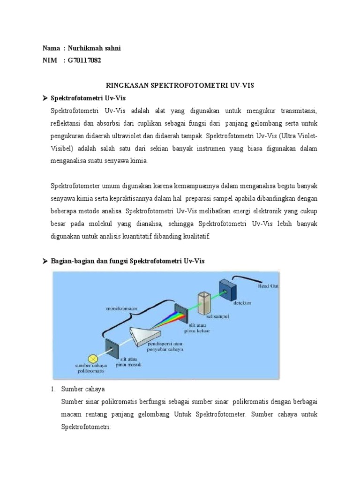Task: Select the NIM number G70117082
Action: click(x=84, y=60)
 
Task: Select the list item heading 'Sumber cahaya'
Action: click(x=83, y=389)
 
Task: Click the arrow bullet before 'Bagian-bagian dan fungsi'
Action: click(x=45, y=261)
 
